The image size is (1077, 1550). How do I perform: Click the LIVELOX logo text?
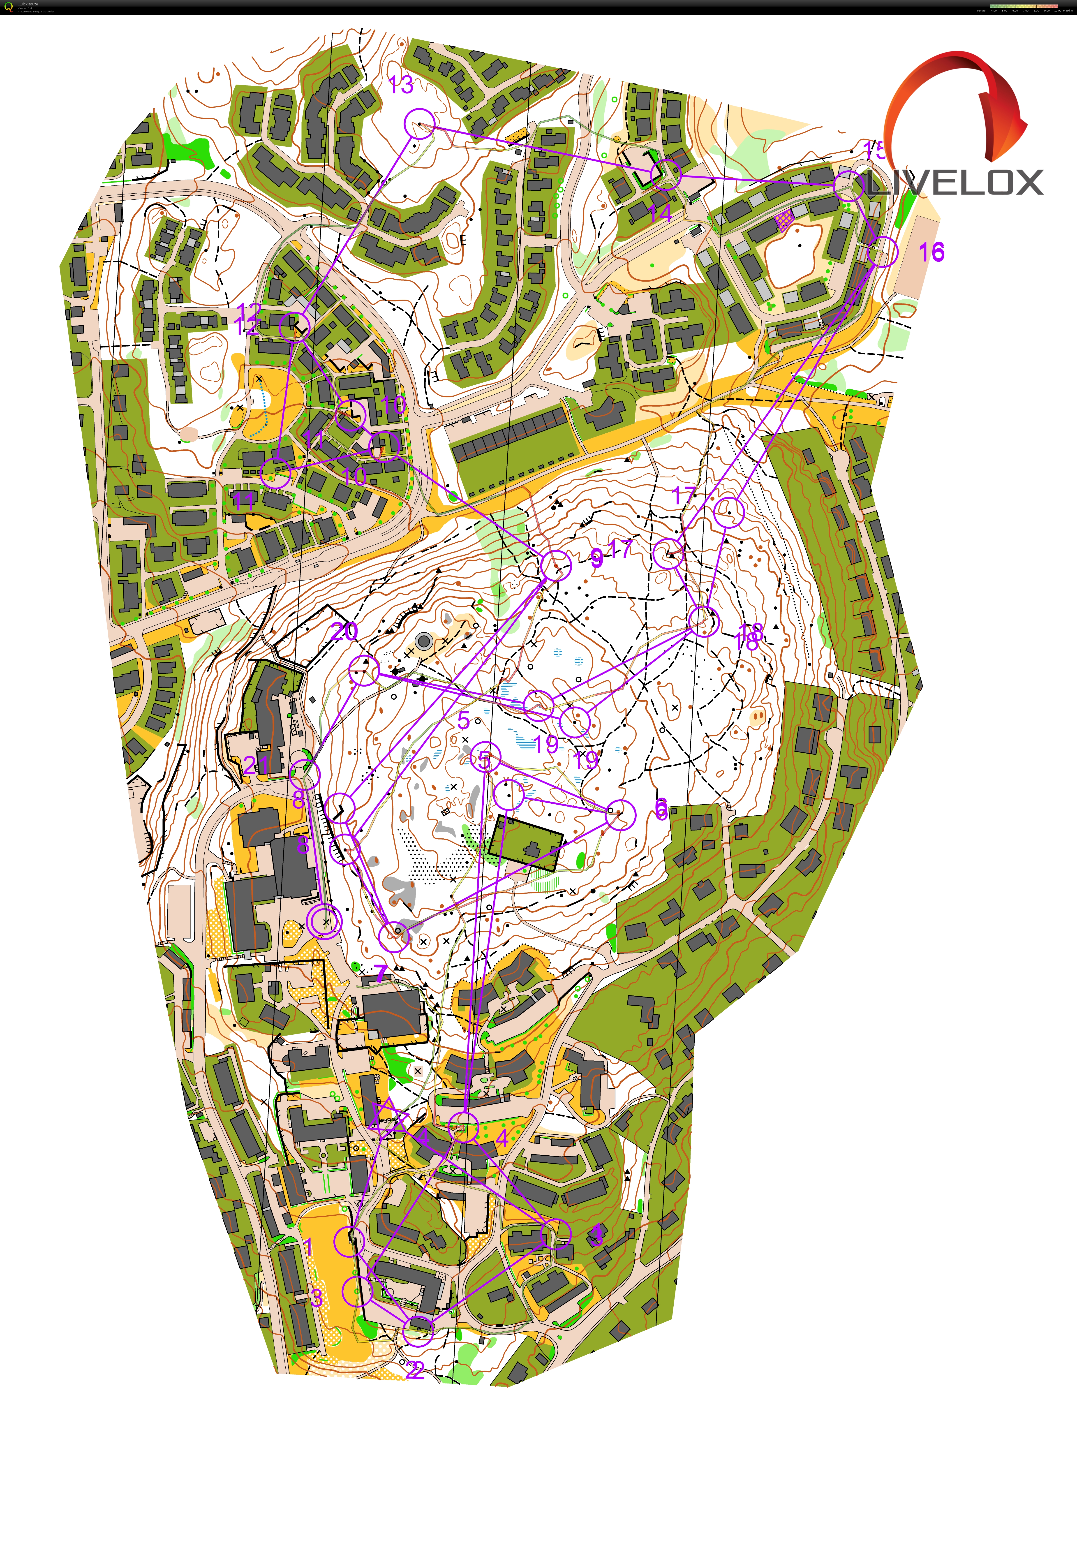[955, 182]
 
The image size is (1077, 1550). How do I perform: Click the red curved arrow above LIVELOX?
[958, 101]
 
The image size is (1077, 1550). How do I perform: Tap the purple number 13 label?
[401, 85]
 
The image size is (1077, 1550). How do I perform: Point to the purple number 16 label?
[931, 252]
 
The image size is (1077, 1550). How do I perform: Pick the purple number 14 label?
[659, 213]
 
